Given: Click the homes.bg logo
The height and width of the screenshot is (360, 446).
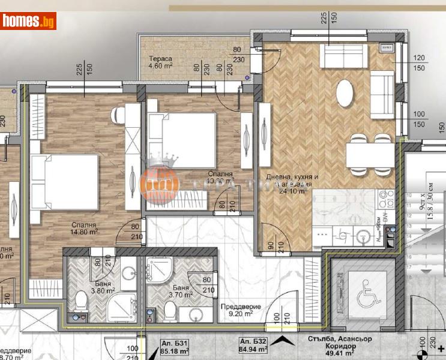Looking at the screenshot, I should click(x=29, y=21).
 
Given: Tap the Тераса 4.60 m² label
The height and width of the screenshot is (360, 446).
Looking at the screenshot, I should click(x=161, y=63).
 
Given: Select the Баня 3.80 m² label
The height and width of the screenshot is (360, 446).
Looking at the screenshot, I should click(x=87, y=290).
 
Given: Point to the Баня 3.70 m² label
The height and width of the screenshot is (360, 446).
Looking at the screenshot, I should click(x=179, y=292).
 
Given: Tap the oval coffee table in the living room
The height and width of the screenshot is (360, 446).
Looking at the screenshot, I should click(x=345, y=93).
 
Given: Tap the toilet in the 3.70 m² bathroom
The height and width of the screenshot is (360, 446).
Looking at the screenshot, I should click(x=170, y=311).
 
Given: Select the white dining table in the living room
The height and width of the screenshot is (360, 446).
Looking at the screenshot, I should click(x=369, y=154).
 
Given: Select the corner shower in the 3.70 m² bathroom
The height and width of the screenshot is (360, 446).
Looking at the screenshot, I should click(x=160, y=271).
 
